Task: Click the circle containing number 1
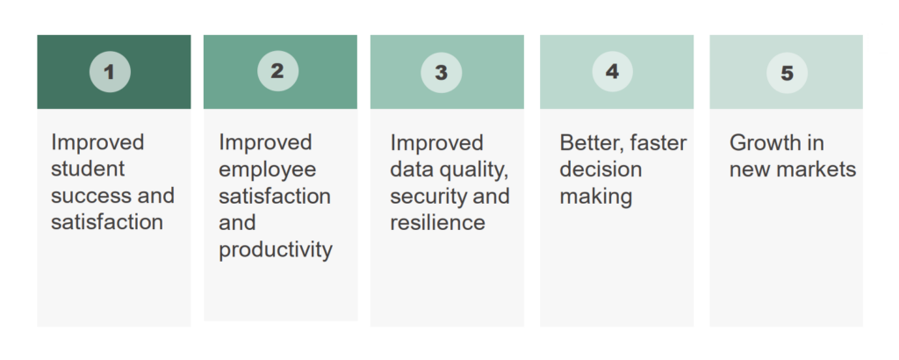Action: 110,72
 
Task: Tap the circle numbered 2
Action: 277,71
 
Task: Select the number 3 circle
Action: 441,73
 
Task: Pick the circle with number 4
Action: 613,72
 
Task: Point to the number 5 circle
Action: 787,73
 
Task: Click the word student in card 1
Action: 88,169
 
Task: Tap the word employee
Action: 267,169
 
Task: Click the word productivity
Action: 276,250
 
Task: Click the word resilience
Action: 437,223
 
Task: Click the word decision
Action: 601,169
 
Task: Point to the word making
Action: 595,196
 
